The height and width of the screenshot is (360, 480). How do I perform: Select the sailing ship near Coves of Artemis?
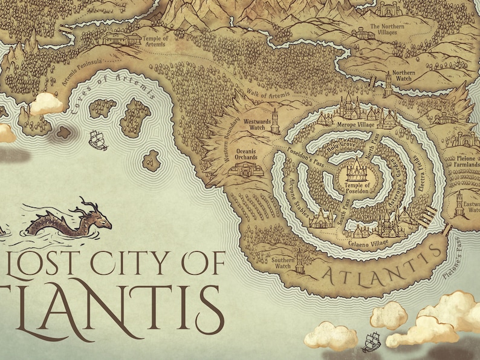pos(97,140)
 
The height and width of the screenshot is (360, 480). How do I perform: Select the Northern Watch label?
pos(404,76)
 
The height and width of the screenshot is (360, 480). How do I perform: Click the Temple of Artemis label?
pos(155,41)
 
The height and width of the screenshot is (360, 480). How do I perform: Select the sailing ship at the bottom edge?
pos(371,342)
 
